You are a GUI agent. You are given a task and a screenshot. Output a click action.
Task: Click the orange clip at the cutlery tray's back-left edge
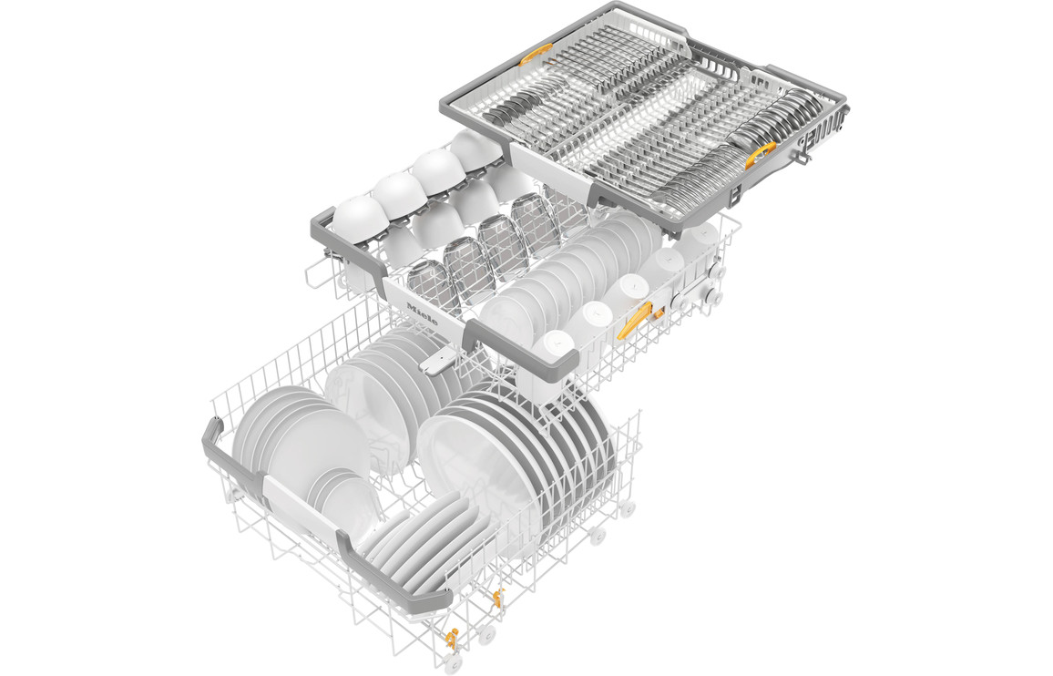(536, 54)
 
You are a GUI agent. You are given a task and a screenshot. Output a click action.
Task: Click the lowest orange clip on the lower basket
(451, 639)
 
